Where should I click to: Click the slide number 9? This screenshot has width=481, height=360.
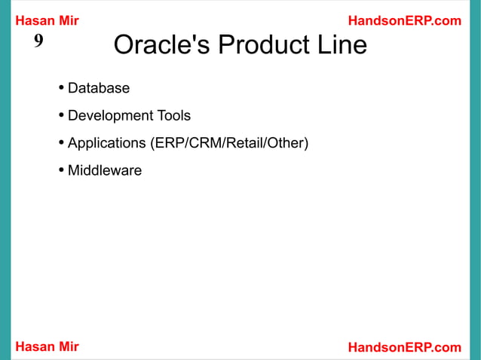click(x=38, y=41)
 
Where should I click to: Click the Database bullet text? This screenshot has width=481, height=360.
click(x=99, y=88)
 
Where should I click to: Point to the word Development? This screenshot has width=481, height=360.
click(x=110, y=116)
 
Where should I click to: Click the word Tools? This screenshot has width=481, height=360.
click(x=173, y=116)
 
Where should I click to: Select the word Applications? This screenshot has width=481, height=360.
click(x=106, y=143)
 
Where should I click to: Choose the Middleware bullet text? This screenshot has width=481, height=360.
click(x=105, y=170)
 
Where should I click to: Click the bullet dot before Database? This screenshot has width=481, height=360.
click(x=61, y=89)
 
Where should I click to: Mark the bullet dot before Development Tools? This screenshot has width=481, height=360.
click(x=61, y=116)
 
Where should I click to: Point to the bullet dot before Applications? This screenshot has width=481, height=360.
click(x=61, y=143)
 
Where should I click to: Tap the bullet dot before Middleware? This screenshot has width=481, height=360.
click(x=61, y=171)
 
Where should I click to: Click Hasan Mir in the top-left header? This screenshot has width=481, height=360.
click(x=47, y=21)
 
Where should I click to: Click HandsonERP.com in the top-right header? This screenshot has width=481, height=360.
click(x=404, y=21)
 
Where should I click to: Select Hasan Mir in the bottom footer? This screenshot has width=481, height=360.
click(x=47, y=346)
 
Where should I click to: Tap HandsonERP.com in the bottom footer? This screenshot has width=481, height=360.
click(x=404, y=346)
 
